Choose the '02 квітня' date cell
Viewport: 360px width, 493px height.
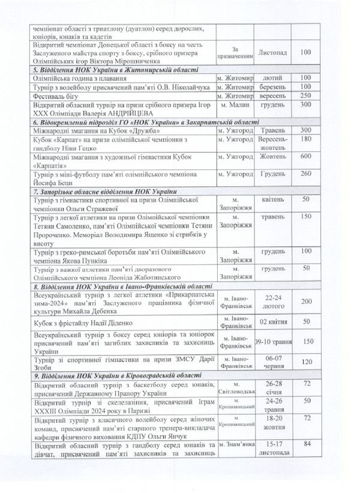[x=273, y=322]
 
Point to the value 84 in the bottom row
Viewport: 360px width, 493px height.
[x=307, y=444]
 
